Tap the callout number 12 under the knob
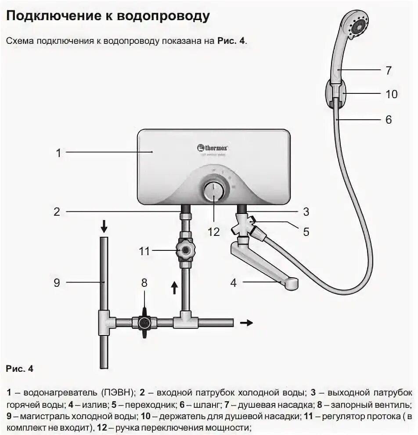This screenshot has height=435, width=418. [x=213, y=232]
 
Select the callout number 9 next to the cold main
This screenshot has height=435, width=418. [x=57, y=283]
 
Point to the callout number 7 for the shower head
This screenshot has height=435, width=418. [x=388, y=70]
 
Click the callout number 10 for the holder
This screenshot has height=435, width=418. [x=391, y=94]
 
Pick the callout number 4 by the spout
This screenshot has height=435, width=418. [x=234, y=283]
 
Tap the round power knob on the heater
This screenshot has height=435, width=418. [x=214, y=191]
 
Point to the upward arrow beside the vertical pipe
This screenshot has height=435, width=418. [x=174, y=287]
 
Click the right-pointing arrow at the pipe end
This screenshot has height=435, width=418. [x=247, y=323]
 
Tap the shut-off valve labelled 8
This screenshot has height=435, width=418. [x=144, y=323]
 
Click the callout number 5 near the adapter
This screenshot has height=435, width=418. [x=306, y=232]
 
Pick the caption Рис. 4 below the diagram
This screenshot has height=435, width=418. [x=20, y=369]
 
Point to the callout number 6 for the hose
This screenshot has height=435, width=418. [x=388, y=119]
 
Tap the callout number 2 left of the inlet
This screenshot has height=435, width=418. [x=57, y=212]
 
